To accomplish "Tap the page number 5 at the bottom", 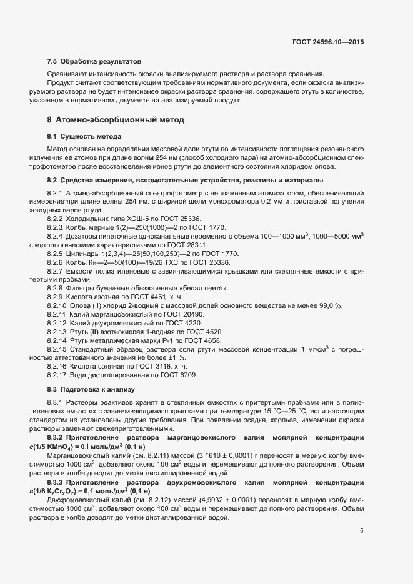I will point(362,531).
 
